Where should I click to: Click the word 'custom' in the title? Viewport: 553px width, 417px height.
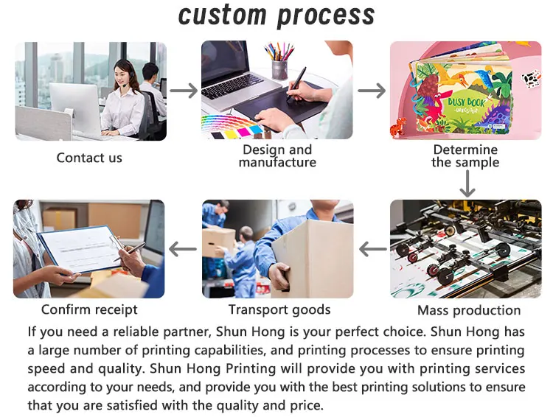[223, 15]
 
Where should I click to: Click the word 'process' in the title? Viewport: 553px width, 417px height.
[326, 17]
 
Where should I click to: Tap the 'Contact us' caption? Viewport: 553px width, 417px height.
[89, 158]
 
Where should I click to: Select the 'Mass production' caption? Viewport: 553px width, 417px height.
[469, 310]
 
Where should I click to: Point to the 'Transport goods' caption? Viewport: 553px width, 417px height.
[279, 310]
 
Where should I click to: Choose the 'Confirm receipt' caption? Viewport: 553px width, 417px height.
[89, 309]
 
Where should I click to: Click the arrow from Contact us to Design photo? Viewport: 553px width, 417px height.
[184, 91]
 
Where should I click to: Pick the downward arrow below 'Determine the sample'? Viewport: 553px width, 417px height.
[467, 183]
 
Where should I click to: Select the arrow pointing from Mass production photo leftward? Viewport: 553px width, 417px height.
[373, 249]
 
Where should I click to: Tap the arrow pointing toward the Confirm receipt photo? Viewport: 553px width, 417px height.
[183, 249]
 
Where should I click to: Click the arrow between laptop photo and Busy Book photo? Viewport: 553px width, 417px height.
[372, 91]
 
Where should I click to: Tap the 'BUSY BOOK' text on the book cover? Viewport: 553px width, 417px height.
[466, 102]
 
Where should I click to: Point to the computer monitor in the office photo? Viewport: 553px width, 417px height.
[74, 104]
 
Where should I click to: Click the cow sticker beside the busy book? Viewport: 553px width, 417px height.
[531, 79]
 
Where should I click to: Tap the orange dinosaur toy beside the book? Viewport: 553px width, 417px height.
[398, 127]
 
